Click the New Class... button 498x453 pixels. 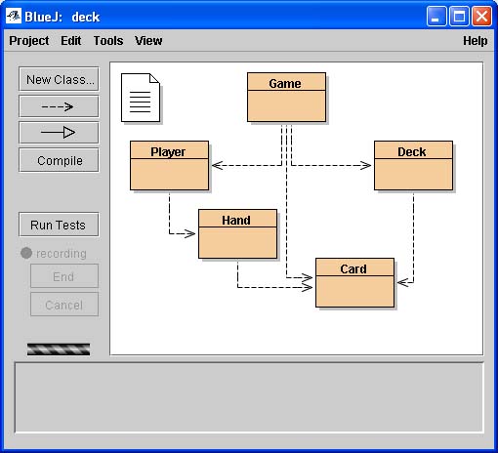point(59,79)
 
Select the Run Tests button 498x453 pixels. point(59,225)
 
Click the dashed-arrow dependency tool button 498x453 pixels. point(59,106)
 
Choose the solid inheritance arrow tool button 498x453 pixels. point(59,133)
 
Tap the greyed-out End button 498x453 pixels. point(64,276)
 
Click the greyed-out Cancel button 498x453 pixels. point(64,305)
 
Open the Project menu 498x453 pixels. point(29,41)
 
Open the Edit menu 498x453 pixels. point(71,41)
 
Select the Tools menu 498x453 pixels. point(108,41)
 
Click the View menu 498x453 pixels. point(148,41)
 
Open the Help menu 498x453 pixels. point(476,41)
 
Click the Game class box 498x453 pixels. point(286,98)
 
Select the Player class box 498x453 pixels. point(169,166)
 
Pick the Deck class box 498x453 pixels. point(413,166)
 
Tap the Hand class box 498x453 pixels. point(237,234)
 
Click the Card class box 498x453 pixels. point(354,283)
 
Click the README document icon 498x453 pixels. point(141,98)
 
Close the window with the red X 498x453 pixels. point(481,16)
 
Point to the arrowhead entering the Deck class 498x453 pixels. point(366,166)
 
